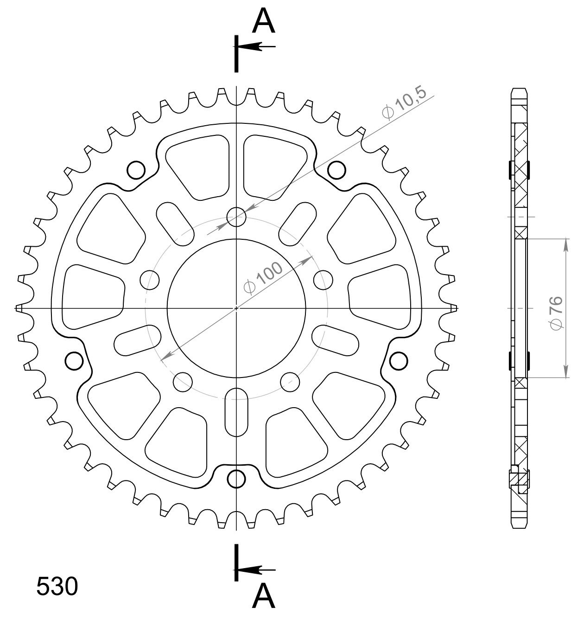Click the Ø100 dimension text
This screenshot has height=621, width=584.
tap(263, 278)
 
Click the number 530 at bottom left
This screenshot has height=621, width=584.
tap(57, 587)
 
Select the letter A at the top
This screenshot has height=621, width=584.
tap(264, 22)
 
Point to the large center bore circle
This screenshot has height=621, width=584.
tap(236, 308)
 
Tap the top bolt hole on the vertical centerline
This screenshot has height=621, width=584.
tap(236, 216)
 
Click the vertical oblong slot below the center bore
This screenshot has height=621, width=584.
tap(236, 411)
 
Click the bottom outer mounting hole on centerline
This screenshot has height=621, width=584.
tap(236, 478)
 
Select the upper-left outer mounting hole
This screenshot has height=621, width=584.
tap(136, 170)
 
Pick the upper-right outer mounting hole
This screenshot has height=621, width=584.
tap(337, 170)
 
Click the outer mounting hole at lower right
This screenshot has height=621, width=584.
tap(399, 361)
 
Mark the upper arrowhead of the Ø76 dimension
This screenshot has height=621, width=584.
tap(566, 244)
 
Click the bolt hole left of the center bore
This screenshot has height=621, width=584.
tap(149, 280)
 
